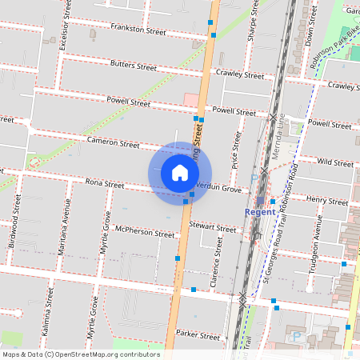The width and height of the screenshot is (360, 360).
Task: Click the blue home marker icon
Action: tap(180, 172)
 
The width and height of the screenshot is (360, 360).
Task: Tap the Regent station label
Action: tap(260, 212)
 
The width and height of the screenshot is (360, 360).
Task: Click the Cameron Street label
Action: tap(114, 143)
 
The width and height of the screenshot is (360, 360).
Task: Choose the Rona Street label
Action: tap(105, 184)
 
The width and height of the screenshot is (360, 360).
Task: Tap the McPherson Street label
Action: tap(145, 233)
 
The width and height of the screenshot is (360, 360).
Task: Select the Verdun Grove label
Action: tap(218, 190)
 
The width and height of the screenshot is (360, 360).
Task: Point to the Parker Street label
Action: tap(198, 335)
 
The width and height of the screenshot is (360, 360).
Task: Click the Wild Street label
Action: tap(335, 162)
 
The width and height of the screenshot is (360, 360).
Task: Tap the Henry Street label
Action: tap(327, 201)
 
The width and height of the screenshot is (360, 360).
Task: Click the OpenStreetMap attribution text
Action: tap(81, 354)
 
